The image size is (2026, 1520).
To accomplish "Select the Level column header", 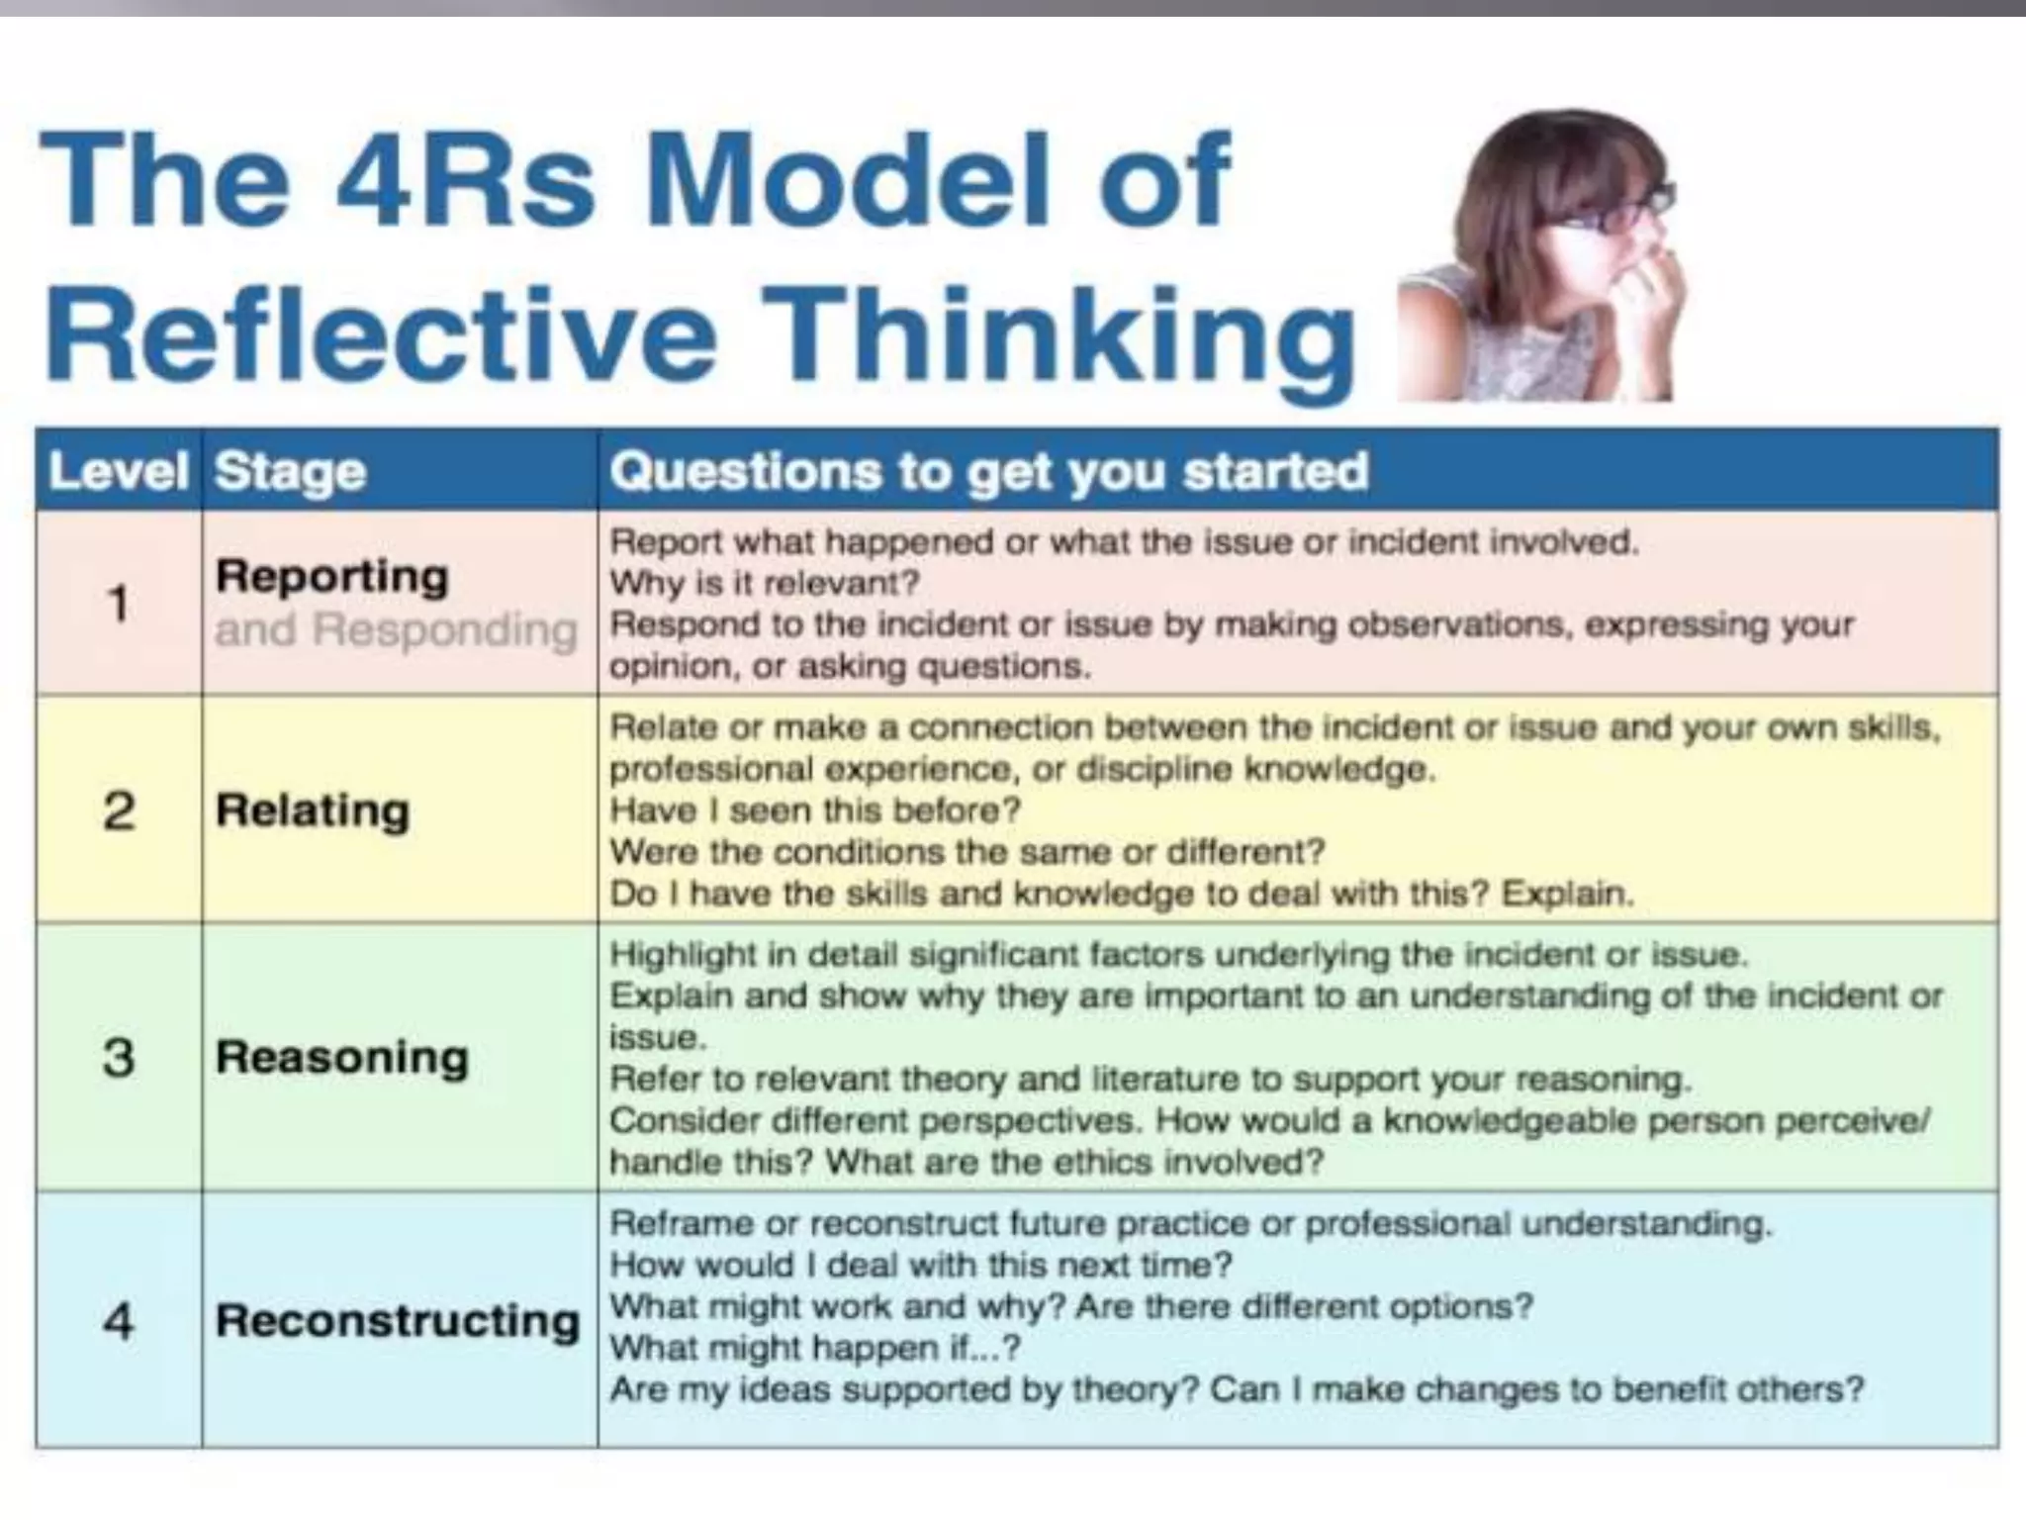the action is coord(118,471).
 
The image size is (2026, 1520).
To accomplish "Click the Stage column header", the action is coord(290,471).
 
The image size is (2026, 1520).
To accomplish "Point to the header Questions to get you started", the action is coord(988,471).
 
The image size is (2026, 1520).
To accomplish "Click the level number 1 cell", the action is coord(119,603).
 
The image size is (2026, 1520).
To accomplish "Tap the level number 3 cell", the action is coord(119,1057).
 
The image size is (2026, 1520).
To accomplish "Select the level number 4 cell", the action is coord(119,1321).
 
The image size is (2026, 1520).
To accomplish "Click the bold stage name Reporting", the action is coord(332,577).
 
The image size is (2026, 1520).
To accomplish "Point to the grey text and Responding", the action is coord(396,629).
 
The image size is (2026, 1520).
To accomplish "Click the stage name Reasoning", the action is coord(342,1057).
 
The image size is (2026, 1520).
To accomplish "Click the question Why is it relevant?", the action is coord(765,584).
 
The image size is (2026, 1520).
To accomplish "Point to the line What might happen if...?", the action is coord(814,1348).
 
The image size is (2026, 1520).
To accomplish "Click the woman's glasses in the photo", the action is coord(1622,214).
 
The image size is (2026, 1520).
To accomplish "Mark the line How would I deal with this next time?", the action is coord(921,1265).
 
